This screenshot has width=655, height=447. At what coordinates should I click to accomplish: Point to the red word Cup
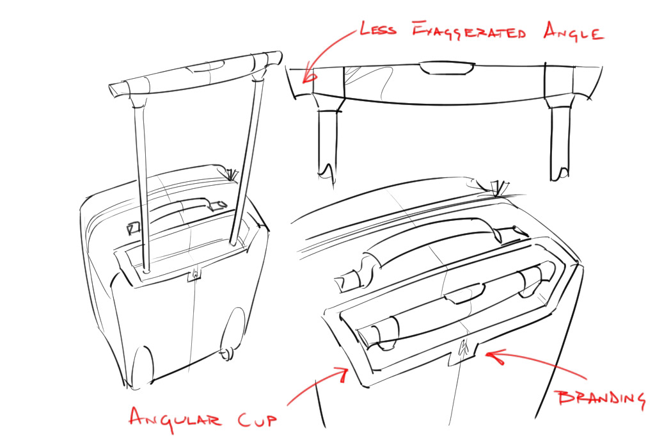(253, 420)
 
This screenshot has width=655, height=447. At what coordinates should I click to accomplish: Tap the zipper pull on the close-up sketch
(496, 187)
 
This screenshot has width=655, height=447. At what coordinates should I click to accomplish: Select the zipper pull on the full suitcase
(231, 174)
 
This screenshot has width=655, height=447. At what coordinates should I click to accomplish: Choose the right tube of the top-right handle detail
(560, 142)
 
